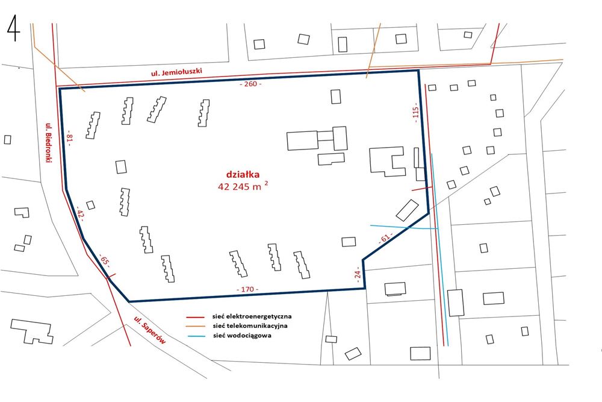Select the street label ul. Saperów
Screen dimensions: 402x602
149,330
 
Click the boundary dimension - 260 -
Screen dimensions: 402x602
250,84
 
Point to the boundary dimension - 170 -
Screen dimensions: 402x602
247,290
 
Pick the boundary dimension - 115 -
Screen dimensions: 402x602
415,113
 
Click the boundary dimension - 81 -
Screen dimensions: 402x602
69,138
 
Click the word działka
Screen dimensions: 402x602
243,174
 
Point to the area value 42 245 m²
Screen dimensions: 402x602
243,186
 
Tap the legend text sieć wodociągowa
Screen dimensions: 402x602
242,336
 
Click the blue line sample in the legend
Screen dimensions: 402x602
196,336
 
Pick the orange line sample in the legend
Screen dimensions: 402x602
196,326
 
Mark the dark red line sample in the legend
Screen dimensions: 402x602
196,316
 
